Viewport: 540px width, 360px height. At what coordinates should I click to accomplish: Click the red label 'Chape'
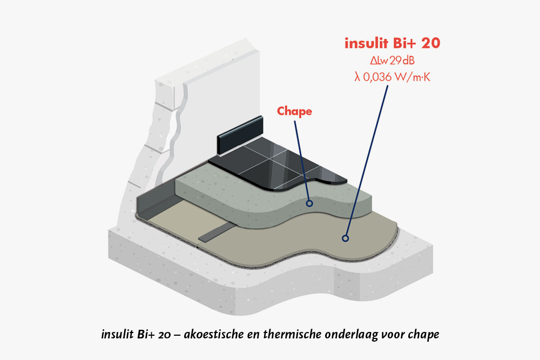(x=294, y=111)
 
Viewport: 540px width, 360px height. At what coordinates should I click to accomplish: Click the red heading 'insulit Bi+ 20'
(x=392, y=44)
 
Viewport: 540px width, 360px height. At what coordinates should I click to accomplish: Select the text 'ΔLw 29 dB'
(x=392, y=61)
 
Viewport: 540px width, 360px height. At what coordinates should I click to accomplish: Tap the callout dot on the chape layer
(x=309, y=203)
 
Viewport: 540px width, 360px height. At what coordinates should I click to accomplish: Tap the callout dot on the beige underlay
(x=345, y=237)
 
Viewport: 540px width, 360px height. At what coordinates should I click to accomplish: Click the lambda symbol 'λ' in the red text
(x=357, y=77)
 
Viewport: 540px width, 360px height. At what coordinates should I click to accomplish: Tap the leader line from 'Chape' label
(x=302, y=157)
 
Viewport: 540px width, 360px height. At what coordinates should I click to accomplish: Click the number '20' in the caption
(x=158, y=334)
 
